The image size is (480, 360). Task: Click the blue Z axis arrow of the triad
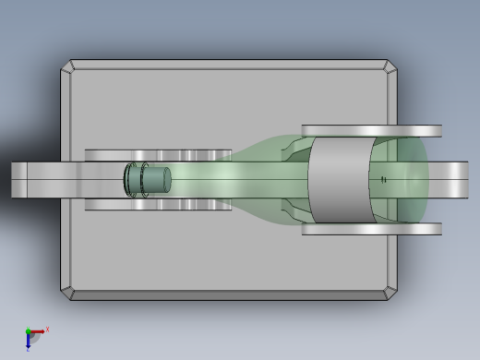point(28,342)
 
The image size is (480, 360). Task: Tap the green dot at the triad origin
point(28,331)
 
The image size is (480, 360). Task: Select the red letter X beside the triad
point(47,329)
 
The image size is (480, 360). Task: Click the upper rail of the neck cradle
point(157,154)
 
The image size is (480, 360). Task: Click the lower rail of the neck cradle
point(157,205)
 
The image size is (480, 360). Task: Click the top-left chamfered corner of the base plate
point(67,67)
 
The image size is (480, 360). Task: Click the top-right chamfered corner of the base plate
point(391,67)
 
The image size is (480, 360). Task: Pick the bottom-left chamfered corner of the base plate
point(67,294)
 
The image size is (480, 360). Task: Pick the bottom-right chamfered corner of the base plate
point(391,294)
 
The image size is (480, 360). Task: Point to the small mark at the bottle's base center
point(384,179)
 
